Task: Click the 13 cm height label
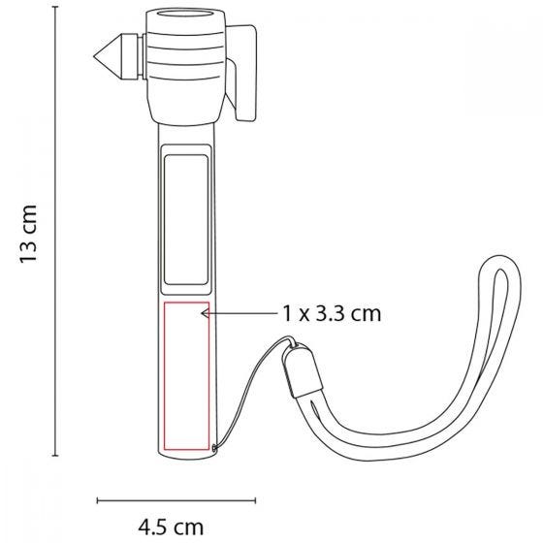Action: tap(28, 234)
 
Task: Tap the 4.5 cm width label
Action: tap(171, 527)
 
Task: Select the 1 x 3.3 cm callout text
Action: tap(332, 314)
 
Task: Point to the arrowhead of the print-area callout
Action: tap(205, 313)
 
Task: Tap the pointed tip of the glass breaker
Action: tap(94, 56)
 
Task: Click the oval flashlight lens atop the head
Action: tap(185, 15)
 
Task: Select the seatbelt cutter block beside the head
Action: tap(241, 73)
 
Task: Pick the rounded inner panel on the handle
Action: tap(186, 219)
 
